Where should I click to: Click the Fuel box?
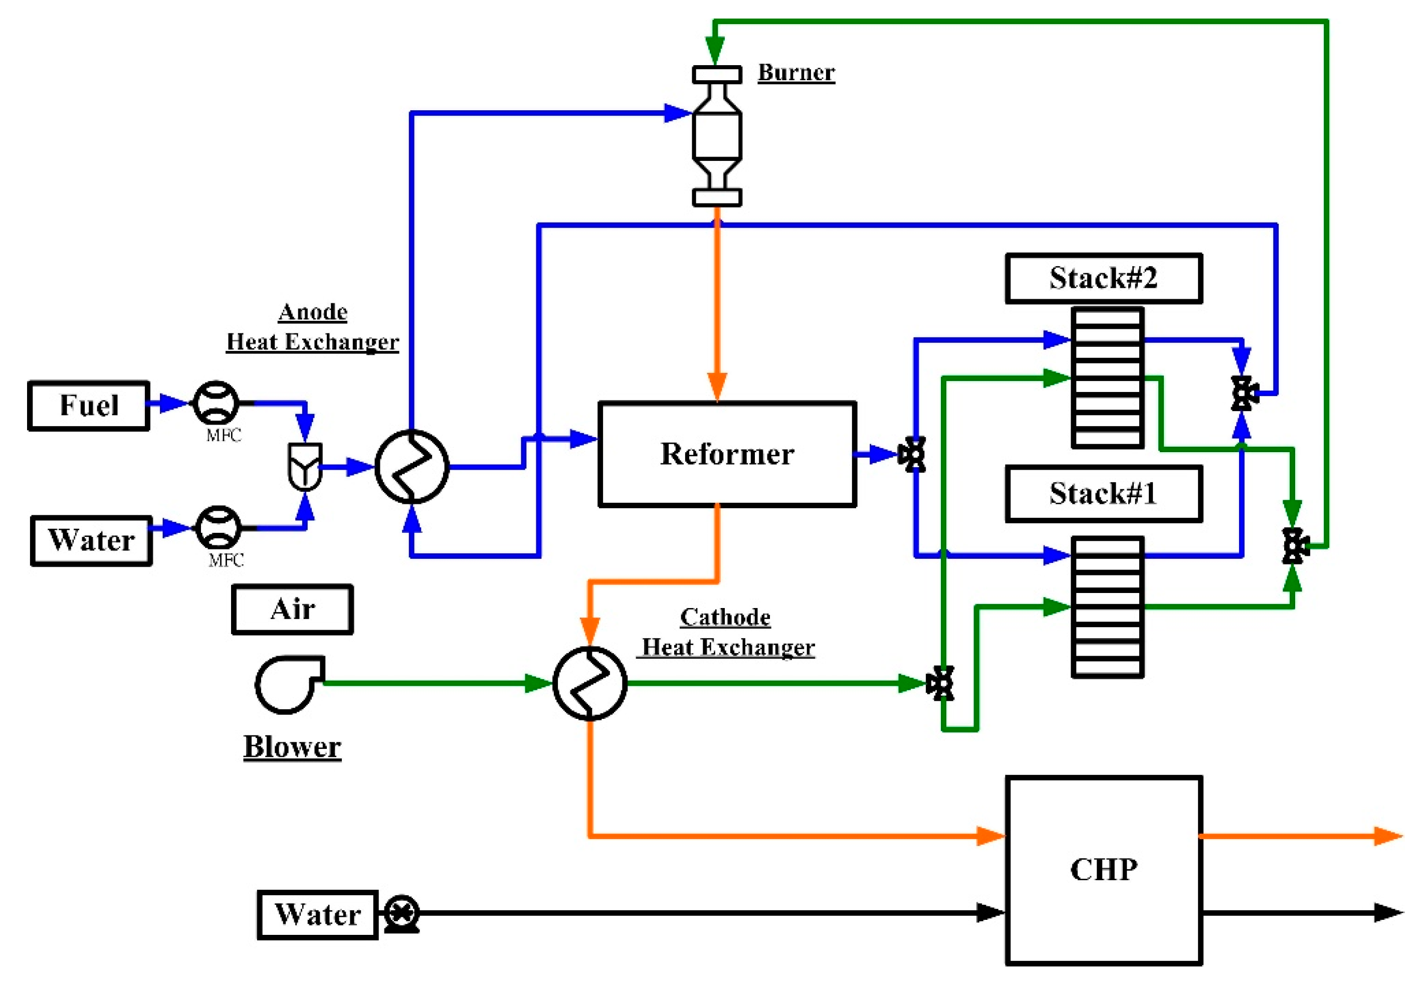88,405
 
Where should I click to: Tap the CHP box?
1103,870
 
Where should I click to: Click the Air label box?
292,609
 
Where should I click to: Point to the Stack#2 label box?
1103,278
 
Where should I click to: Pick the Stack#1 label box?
1103,494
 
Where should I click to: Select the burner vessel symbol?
717,136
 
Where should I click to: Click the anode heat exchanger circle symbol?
412,467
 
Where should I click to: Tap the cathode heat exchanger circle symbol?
589,683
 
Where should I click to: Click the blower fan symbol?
288,684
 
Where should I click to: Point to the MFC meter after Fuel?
216,403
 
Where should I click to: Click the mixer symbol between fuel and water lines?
305,467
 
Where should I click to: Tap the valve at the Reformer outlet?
912,455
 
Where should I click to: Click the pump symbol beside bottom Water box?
401,913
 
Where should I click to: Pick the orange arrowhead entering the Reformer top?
717,386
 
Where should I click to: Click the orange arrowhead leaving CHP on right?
1387,836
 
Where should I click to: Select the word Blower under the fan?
292,746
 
